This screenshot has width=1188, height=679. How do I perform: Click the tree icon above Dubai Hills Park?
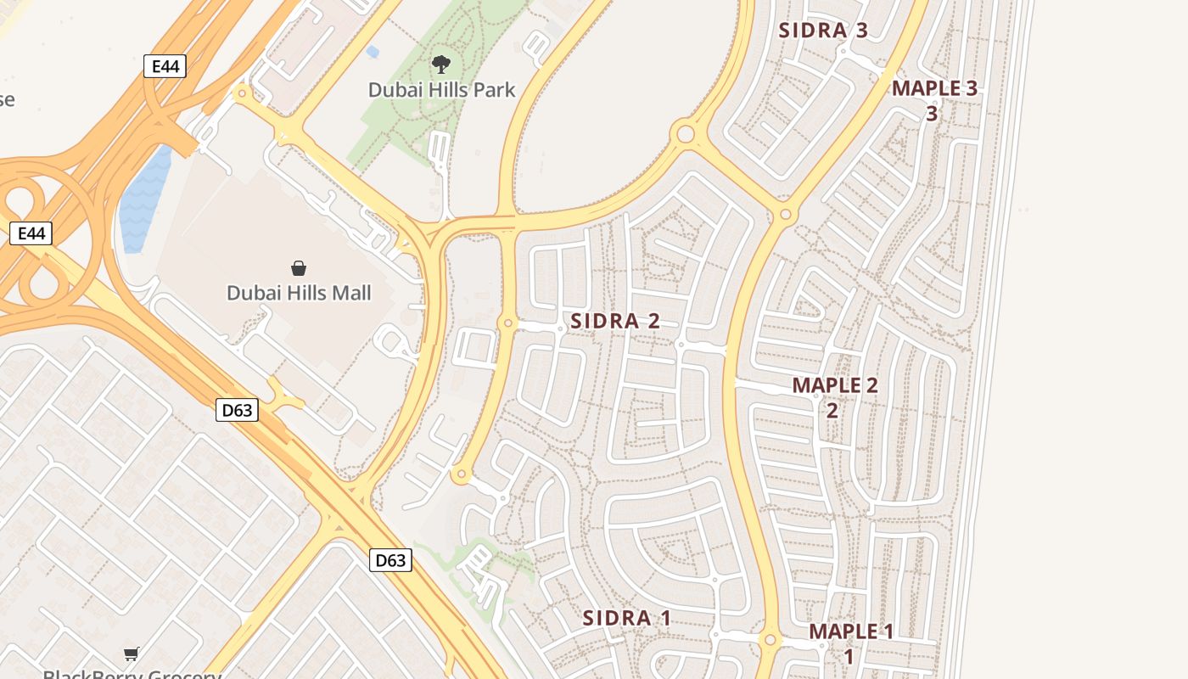coord(440,64)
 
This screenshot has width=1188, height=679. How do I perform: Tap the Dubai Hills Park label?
coord(441,89)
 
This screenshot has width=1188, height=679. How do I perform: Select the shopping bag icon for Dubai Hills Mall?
coord(299,269)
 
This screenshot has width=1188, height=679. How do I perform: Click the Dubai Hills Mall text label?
coord(299,294)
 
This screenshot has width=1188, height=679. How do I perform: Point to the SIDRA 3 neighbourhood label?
coord(823,31)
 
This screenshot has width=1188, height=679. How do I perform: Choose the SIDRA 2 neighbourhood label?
coord(615,321)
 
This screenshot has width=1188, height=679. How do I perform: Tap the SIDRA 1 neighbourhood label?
coord(626,618)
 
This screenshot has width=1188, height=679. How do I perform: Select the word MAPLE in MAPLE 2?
coord(825,384)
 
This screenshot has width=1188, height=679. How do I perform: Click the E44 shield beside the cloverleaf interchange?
coord(31,233)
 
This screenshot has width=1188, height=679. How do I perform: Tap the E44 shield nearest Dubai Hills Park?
coord(165,66)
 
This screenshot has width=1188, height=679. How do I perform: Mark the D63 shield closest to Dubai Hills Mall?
coord(237,410)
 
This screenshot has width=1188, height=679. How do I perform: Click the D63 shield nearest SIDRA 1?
coord(390,559)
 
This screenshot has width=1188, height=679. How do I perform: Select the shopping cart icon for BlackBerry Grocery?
coord(132,654)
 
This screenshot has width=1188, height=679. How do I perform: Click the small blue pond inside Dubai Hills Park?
coord(373,53)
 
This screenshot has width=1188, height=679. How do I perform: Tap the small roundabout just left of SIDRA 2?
coord(508,323)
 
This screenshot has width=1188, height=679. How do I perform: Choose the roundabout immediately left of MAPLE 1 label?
coord(771,640)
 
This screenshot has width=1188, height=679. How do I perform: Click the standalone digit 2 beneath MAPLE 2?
coord(832,410)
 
